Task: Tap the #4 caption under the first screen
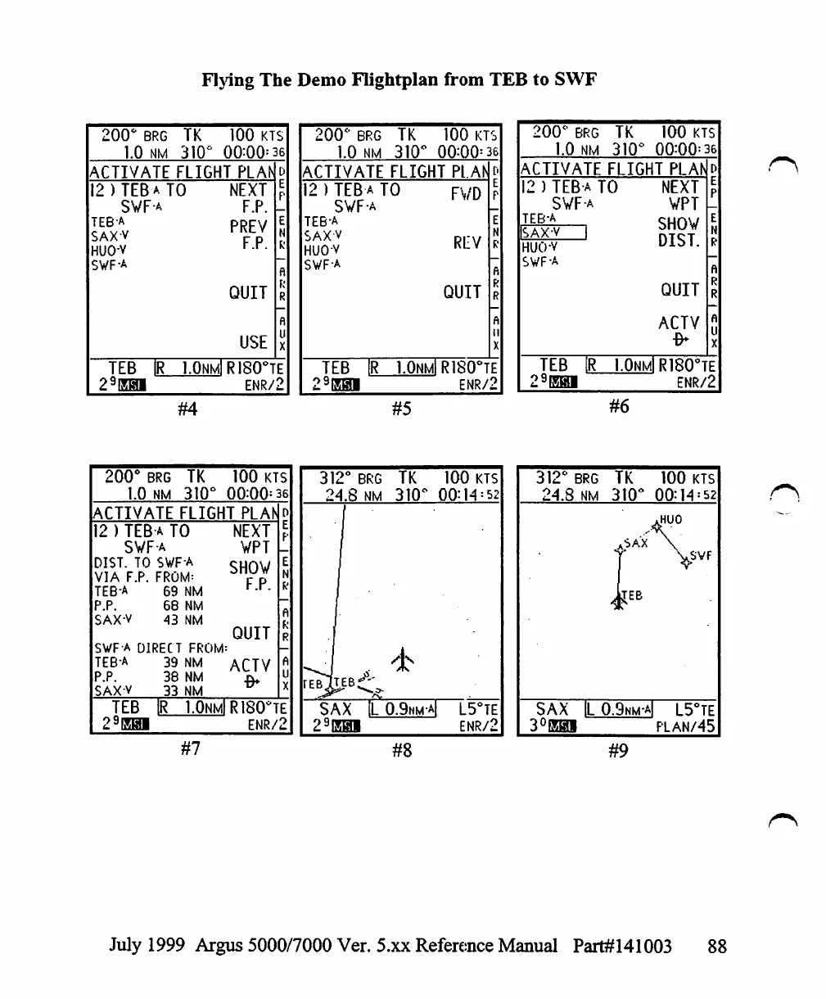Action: click(x=187, y=408)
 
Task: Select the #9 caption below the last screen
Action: click(x=619, y=749)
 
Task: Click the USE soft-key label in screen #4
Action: click(x=253, y=342)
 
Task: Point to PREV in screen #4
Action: click(x=249, y=226)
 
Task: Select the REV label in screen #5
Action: click(x=466, y=242)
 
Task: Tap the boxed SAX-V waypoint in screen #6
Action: click(x=553, y=233)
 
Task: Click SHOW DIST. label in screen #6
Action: click(x=679, y=233)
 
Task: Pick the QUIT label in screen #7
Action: click(x=251, y=633)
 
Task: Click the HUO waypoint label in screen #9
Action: click(x=669, y=519)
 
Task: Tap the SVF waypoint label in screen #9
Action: click(x=700, y=556)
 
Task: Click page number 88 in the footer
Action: click(x=716, y=947)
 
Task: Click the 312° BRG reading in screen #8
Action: click(x=350, y=477)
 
